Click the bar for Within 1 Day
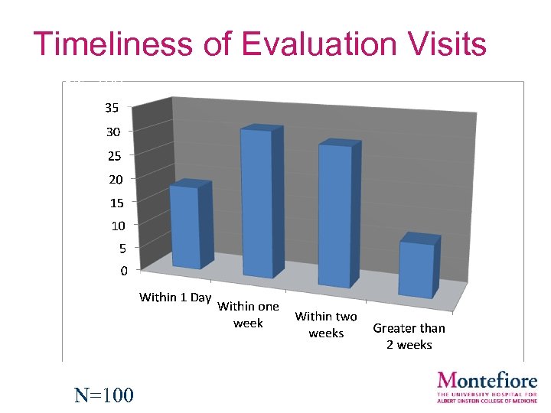click(x=186, y=225)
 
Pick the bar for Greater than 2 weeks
click(x=416, y=269)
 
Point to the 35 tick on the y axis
click(x=112, y=108)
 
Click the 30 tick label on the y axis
click(x=112, y=132)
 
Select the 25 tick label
click(x=112, y=155)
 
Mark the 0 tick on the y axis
click(x=122, y=270)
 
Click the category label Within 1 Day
click(x=174, y=297)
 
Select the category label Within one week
click(x=248, y=314)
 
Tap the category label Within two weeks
click(x=326, y=324)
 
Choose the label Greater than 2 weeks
click(x=409, y=336)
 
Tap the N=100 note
click(x=103, y=395)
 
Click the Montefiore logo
click(x=487, y=386)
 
